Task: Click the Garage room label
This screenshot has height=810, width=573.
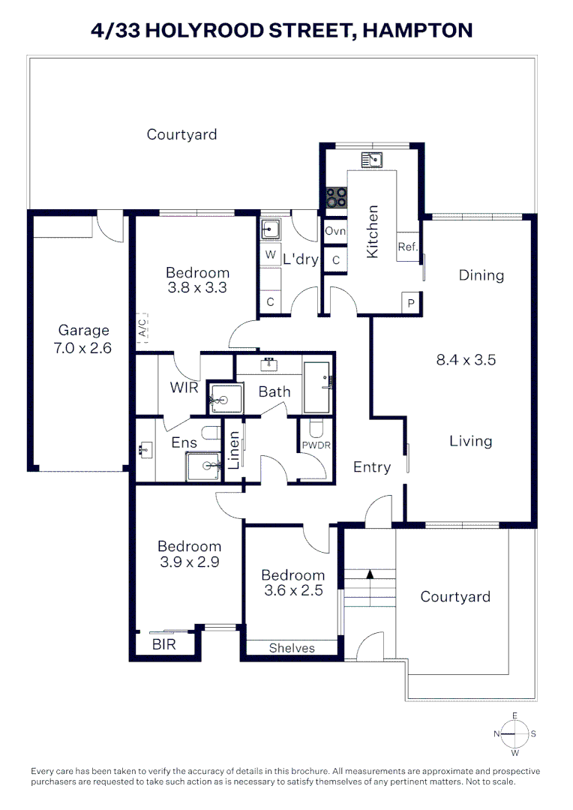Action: (x=83, y=330)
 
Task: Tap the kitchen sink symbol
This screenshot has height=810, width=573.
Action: (x=371, y=159)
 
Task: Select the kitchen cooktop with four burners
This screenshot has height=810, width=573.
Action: (x=336, y=196)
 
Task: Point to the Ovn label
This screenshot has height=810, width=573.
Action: (x=335, y=231)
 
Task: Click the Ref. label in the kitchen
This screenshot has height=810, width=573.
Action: (x=407, y=247)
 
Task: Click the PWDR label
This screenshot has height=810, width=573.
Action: (x=316, y=445)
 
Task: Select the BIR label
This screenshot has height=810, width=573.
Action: (x=163, y=643)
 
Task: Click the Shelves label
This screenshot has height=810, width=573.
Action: (x=292, y=648)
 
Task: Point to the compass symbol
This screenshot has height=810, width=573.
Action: (x=514, y=733)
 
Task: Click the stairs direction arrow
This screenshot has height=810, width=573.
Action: (x=369, y=575)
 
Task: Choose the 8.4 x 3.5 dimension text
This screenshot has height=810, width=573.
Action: (x=466, y=360)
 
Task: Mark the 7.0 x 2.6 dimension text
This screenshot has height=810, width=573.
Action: (x=83, y=348)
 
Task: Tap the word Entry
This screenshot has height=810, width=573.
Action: (x=372, y=467)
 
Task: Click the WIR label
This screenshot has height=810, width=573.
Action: (x=184, y=388)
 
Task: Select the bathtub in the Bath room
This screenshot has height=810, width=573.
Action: (x=316, y=387)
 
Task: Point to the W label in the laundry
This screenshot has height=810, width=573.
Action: (x=270, y=255)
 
